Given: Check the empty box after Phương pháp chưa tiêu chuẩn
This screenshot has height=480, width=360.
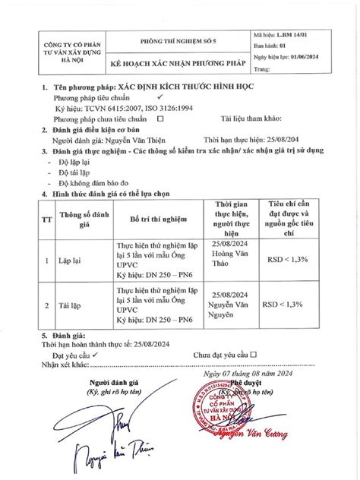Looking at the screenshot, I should pyautogui.click(x=159, y=119).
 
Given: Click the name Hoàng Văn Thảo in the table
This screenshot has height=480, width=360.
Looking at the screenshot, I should pyautogui.click(x=232, y=261).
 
